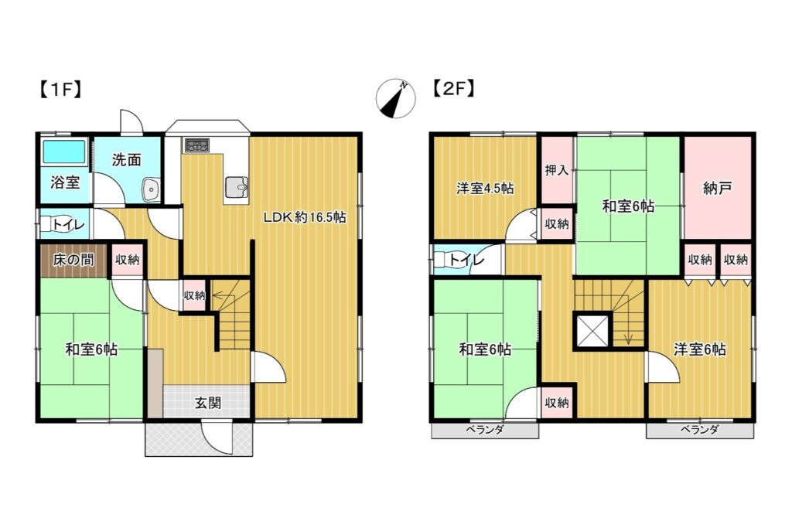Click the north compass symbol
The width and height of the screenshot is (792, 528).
coord(395,98)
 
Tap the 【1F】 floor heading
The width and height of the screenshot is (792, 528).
coord(60,90)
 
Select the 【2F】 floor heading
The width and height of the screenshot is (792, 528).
coord(452,89)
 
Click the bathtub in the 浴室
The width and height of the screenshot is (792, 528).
coord(64,152)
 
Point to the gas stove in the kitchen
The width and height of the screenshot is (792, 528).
coord(196,145)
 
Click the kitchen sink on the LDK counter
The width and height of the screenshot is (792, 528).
coord(237,189)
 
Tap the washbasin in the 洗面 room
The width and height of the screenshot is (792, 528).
coord(151,189)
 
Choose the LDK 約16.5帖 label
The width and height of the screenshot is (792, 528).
coord(305,217)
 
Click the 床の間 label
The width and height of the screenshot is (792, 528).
coord(73,260)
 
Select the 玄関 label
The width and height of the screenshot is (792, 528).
coord(208,404)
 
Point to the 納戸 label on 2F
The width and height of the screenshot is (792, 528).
coord(717,189)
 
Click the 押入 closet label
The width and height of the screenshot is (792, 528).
coord(557,170)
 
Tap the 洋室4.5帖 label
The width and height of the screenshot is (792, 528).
coord(485,189)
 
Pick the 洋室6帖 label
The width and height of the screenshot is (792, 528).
coord(699,349)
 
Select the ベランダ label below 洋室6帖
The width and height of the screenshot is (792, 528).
coord(699,430)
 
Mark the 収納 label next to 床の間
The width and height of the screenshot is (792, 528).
coord(127,260)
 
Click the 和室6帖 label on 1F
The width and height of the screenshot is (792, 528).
coord(91,349)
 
